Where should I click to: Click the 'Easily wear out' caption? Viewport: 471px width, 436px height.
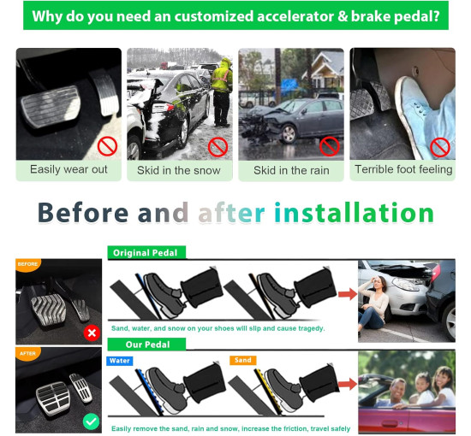pos(69,169)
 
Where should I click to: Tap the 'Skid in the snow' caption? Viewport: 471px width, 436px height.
pos(178,170)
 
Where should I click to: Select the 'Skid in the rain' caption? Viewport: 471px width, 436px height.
pos(291,170)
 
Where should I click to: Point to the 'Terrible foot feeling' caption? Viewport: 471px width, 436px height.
pos(402,169)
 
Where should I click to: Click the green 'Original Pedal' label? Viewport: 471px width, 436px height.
pos(146,253)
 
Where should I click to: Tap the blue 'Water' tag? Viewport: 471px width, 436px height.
pos(121,361)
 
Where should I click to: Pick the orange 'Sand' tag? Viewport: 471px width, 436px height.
pos(243,361)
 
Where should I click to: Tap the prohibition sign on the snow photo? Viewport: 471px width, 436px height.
pos(218,146)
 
